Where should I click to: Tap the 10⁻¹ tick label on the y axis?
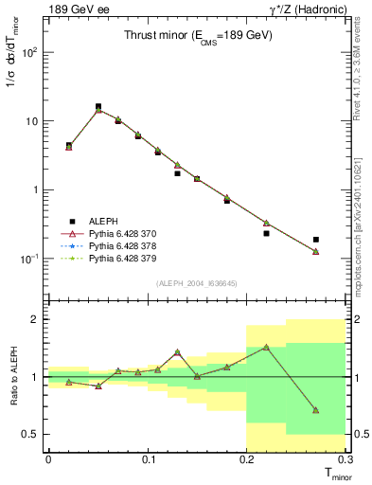click(29, 259)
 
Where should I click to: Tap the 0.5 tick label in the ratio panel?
click(30, 434)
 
